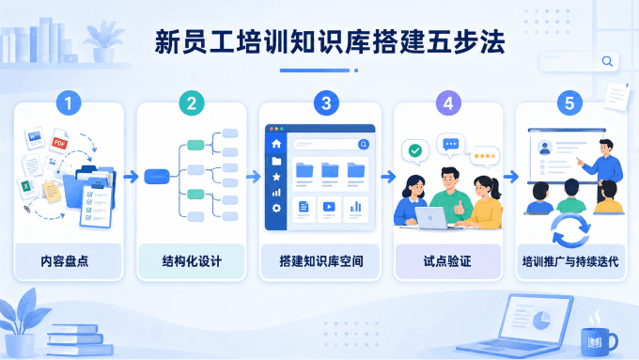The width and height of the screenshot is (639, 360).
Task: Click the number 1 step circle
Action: (x=69, y=103)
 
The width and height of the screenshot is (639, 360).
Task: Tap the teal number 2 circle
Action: (x=192, y=103)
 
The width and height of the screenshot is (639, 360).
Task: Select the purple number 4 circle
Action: (x=448, y=103)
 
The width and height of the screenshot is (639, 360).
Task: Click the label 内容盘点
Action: (x=65, y=261)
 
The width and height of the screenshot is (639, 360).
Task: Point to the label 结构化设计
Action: (x=192, y=261)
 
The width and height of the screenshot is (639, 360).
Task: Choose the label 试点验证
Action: (x=447, y=261)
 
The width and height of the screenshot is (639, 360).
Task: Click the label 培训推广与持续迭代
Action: (x=570, y=261)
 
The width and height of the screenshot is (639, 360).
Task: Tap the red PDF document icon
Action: (x=59, y=142)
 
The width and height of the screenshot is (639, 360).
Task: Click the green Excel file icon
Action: (x=27, y=188)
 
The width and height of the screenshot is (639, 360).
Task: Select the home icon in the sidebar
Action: (x=276, y=144)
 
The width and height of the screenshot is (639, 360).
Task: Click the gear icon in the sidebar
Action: (x=276, y=209)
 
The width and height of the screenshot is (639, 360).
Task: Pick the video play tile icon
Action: (x=329, y=207)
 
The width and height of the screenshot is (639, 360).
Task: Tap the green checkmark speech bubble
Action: (x=414, y=151)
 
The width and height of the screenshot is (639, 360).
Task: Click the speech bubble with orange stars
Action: (x=485, y=157)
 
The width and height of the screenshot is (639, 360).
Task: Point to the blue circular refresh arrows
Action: (x=570, y=231)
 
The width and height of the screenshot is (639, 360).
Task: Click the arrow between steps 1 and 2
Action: (x=131, y=177)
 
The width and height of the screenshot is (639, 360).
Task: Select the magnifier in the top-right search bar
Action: (x=607, y=61)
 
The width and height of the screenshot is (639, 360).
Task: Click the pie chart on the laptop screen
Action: (x=542, y=320)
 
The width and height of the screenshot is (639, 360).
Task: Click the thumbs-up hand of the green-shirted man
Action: (x=460, y=208)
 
